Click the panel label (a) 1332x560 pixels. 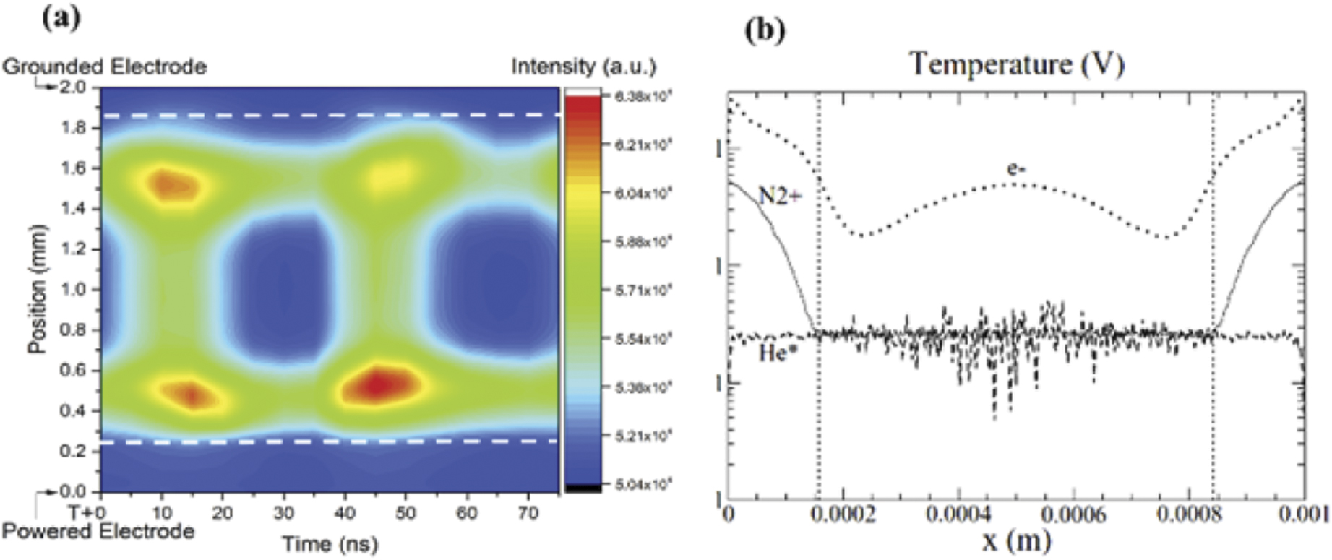[x=61, y=17]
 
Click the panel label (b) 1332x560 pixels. [x=765, y=31]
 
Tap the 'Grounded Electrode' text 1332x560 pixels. [x=105, y=67]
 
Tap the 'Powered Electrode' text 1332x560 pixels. [x=98, y=532]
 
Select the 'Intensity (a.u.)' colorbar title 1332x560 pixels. [x=583, y=67]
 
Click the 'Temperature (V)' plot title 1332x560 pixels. [x=1016, y=64]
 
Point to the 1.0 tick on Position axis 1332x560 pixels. [x=75, y=289]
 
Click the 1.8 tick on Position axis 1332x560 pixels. [x=75, y=127]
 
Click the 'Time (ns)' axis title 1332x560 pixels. [x=330, y=543]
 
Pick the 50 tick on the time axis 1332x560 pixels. [x=405, y=513]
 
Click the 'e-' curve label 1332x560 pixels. [x=1016, y=169]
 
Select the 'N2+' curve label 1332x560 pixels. [x=779, y=195]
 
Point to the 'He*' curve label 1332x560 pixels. [x=778, y=353]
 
